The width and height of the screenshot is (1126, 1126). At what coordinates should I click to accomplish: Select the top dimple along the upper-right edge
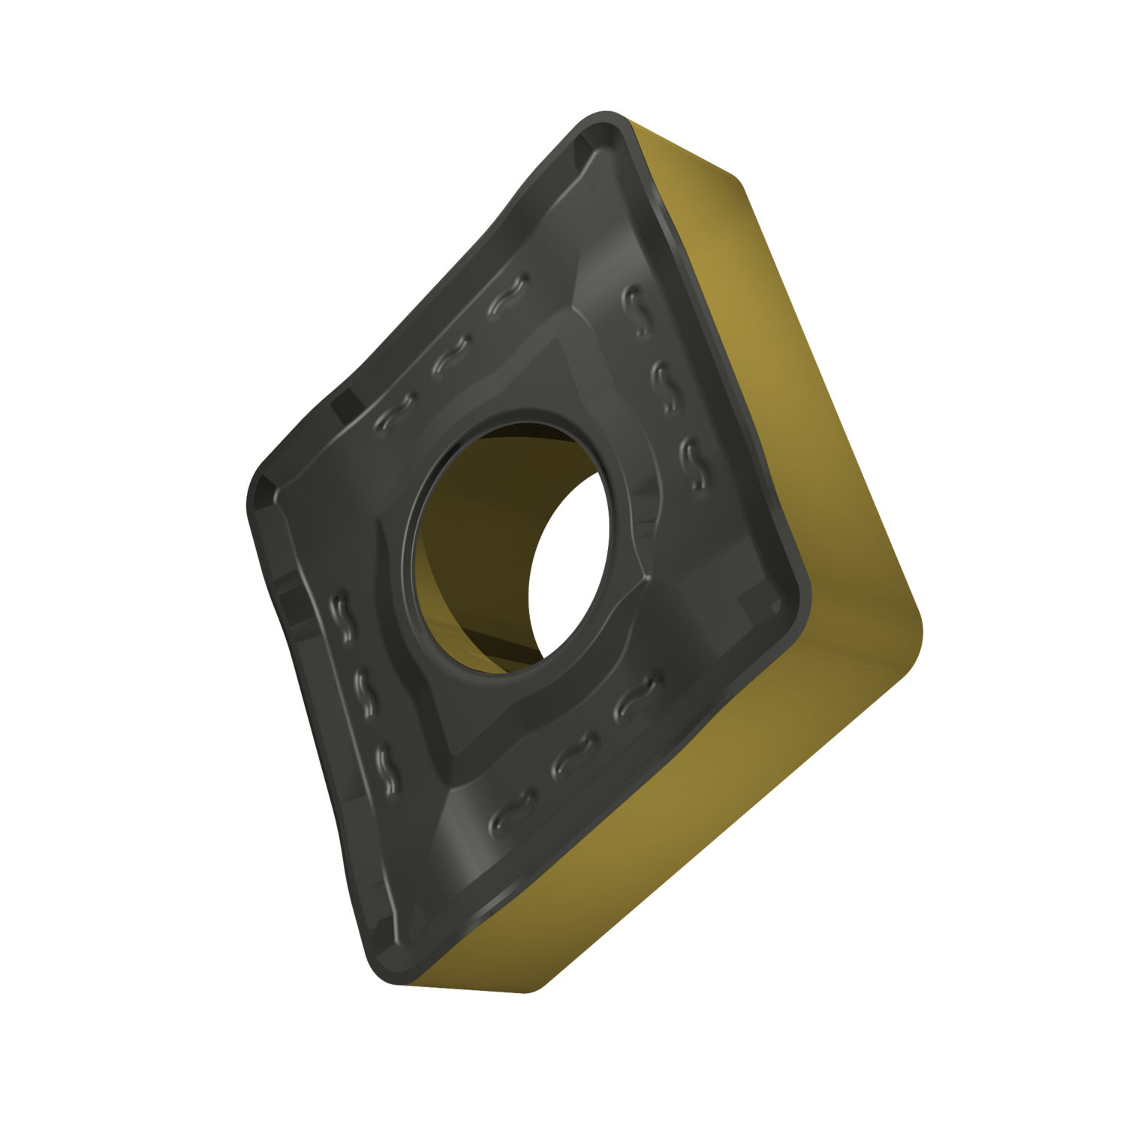pos(639,308)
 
